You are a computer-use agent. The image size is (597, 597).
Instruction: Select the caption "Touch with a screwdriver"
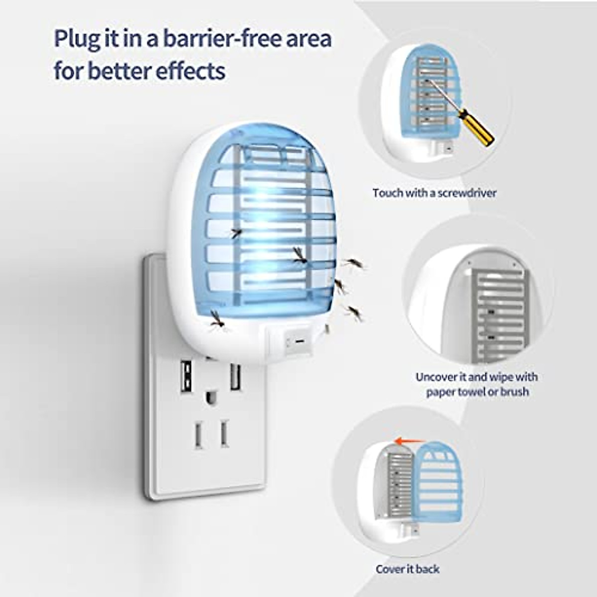pos(434,193)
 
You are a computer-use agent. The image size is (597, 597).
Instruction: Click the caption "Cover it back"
pos(407,569)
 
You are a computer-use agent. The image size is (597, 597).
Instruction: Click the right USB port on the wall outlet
pos(235,377)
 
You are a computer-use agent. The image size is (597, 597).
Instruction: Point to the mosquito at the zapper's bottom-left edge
pos(216,320)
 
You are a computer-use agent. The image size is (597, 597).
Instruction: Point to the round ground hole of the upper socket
pos(211,398)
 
